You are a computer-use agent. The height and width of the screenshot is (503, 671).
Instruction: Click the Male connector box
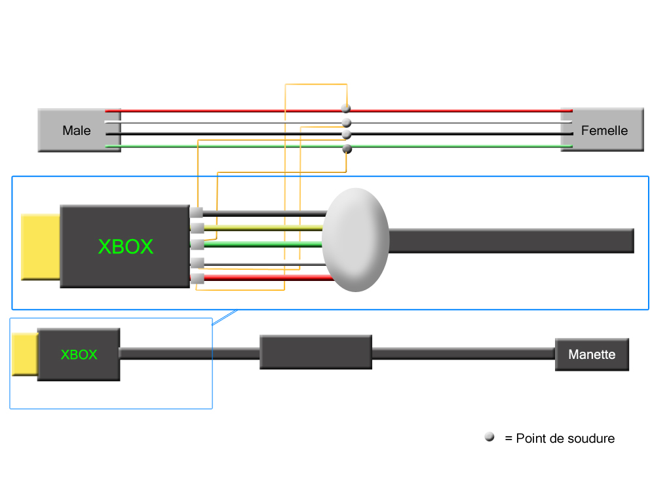point(77,130)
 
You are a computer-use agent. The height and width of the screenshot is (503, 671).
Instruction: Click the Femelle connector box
point(604,130)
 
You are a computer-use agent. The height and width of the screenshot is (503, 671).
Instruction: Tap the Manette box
point(592,354)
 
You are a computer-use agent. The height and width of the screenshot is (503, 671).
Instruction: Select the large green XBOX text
point(125,246)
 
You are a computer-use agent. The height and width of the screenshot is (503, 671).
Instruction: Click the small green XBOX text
point(79,354)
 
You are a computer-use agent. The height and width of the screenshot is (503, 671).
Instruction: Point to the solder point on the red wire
point(346,108)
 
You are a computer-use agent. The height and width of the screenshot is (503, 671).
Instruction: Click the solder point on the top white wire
point(347,122)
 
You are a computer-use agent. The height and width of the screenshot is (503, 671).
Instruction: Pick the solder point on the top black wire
point(347,135)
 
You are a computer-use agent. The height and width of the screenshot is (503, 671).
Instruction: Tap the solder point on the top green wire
point(347,149)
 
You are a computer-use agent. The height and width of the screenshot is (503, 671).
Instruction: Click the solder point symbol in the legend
point(489,438)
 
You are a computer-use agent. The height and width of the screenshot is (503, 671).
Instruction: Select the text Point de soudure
point(566,438)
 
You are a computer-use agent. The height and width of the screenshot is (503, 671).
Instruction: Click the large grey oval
point(356,240)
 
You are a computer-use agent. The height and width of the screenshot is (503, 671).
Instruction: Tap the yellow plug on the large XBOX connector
point(41,246)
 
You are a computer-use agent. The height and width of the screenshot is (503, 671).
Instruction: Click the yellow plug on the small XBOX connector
point(25,354)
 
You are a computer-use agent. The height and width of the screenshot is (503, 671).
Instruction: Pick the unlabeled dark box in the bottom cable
point(316,352)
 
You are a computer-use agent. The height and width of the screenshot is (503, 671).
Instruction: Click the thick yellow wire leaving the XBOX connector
point(262,228)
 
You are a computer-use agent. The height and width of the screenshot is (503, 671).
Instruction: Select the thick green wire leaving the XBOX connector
point(262,244)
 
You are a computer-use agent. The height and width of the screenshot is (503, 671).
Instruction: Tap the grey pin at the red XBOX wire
point(196,279)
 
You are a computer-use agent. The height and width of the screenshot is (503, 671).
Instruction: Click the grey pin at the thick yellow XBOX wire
point(196,228)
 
